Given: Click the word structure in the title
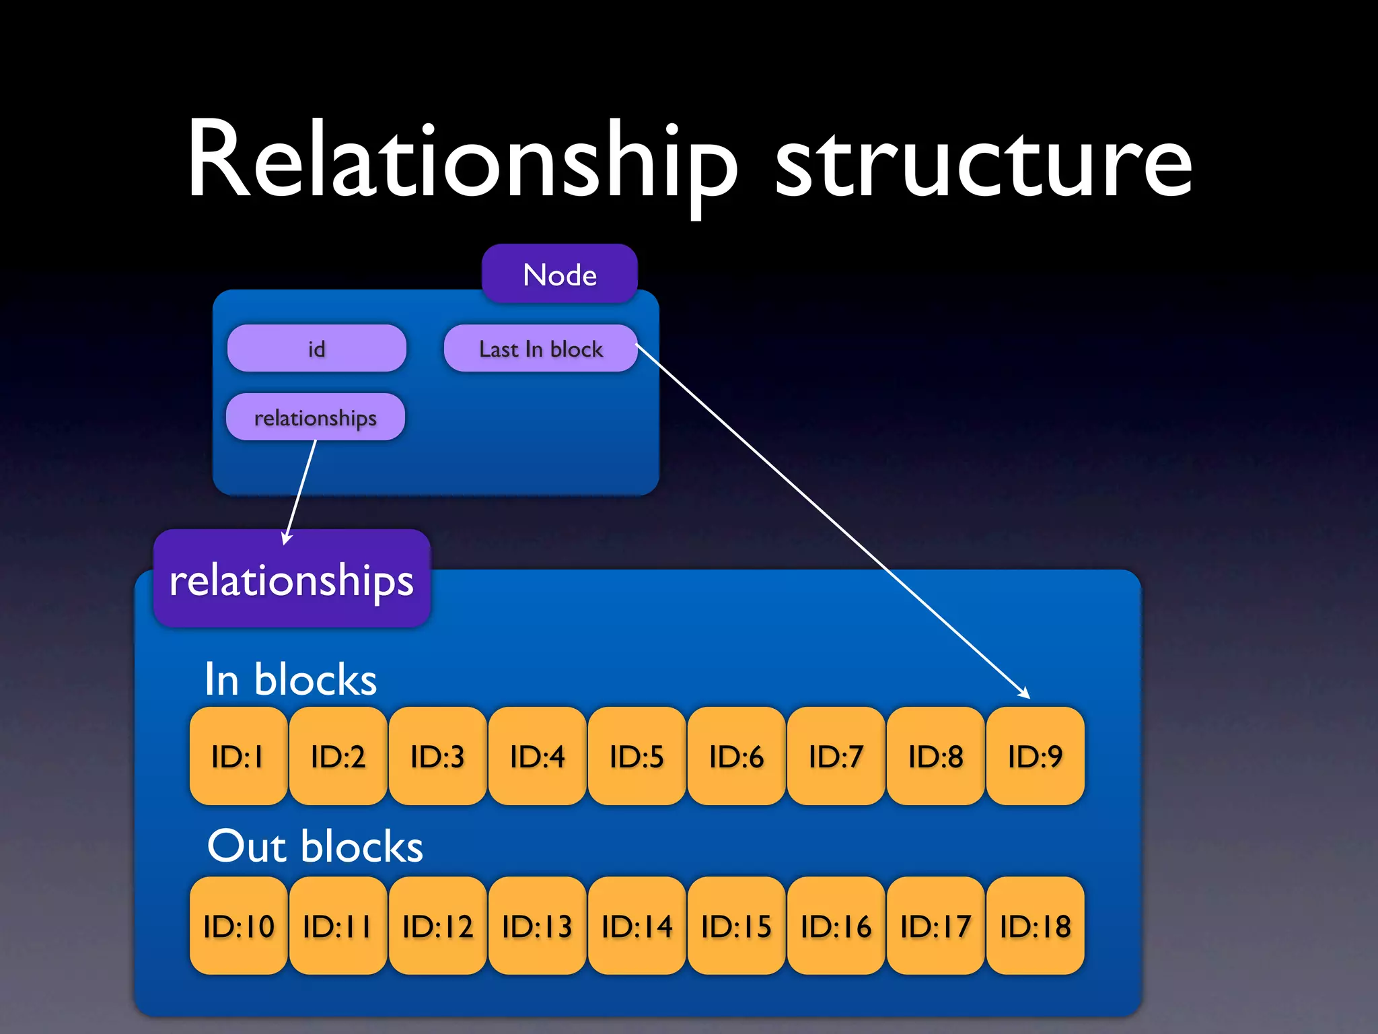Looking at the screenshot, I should pyautogui.click(x=984, y=165).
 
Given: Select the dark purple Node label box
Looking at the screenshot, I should pyautogui.click(x=559, y=275).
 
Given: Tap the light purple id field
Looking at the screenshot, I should pyautogui.click(x=316, y=349).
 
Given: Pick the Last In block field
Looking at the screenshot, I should pyautogui.click(x=540, y=349).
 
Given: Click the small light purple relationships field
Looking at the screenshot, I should pyautogui.click(x=315, y=417).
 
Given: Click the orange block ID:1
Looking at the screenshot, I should pyautogui.click(x=238, y=756).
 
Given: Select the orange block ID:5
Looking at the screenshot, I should pyautogui.click(x=637, y=756).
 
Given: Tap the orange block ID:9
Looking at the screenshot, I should pyautogui.click(x=1035, y=756).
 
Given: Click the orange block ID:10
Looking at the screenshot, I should pyautogui.click(x=238, y=926).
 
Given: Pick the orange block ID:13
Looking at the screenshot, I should pyautogui.click(x=537, y=926).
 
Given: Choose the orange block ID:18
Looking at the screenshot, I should pyautogui.click(x=1035, y=926).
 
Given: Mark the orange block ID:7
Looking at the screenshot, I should pyautogui.click(x=836, y=756).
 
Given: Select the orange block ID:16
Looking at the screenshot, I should pyautogui.click(x=836, y=926).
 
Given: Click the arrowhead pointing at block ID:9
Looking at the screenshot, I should pyautogui.click(x=1025, y=693).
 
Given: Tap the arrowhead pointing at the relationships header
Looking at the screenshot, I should pyautogui.click(x=287, y=538).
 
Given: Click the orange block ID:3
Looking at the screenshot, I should pyautogui.click(x=437, y=756).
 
